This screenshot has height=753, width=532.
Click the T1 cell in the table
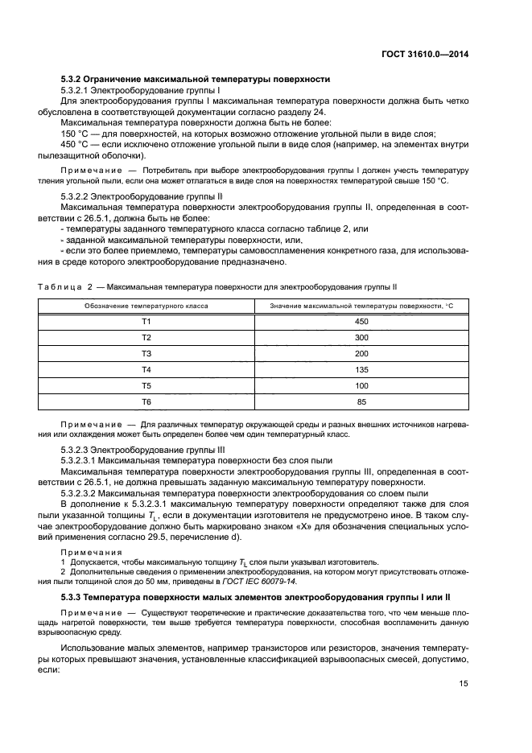pos(146,322)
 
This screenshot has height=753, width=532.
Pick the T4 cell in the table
pos(146,369)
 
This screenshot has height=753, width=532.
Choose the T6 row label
pos(146,401)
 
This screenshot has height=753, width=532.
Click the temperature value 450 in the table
pos(361,322)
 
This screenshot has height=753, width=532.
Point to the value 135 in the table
pos(361,369)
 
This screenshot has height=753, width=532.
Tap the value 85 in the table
pos(361,401)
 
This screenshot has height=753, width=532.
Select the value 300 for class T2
pos(361,338)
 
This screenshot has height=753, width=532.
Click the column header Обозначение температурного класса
pos(146,307)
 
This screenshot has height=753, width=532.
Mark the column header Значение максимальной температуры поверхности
pos(361,307)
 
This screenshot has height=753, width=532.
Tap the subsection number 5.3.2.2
pos(76,195)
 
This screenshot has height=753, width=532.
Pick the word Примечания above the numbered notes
pos(91,553)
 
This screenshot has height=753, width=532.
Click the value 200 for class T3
pos(361,354)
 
